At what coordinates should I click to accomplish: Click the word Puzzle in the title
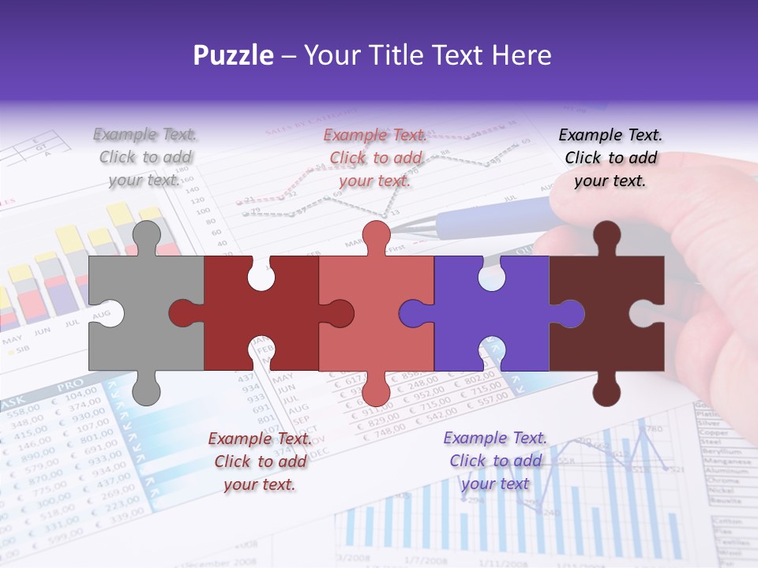click(234, 56)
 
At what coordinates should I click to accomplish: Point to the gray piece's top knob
click(145, 235)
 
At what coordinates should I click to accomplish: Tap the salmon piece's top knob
click(376, 235)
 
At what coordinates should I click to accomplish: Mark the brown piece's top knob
click(606, 235)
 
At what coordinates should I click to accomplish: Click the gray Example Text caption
click(145, 157)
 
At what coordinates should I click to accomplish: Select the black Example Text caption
click(610, 158)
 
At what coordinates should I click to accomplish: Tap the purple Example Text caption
click(495, 461)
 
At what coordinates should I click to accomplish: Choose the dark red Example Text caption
click(260, 461)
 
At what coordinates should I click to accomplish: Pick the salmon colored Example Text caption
click(376, 158)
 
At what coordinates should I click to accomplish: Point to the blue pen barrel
click(490, 217)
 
